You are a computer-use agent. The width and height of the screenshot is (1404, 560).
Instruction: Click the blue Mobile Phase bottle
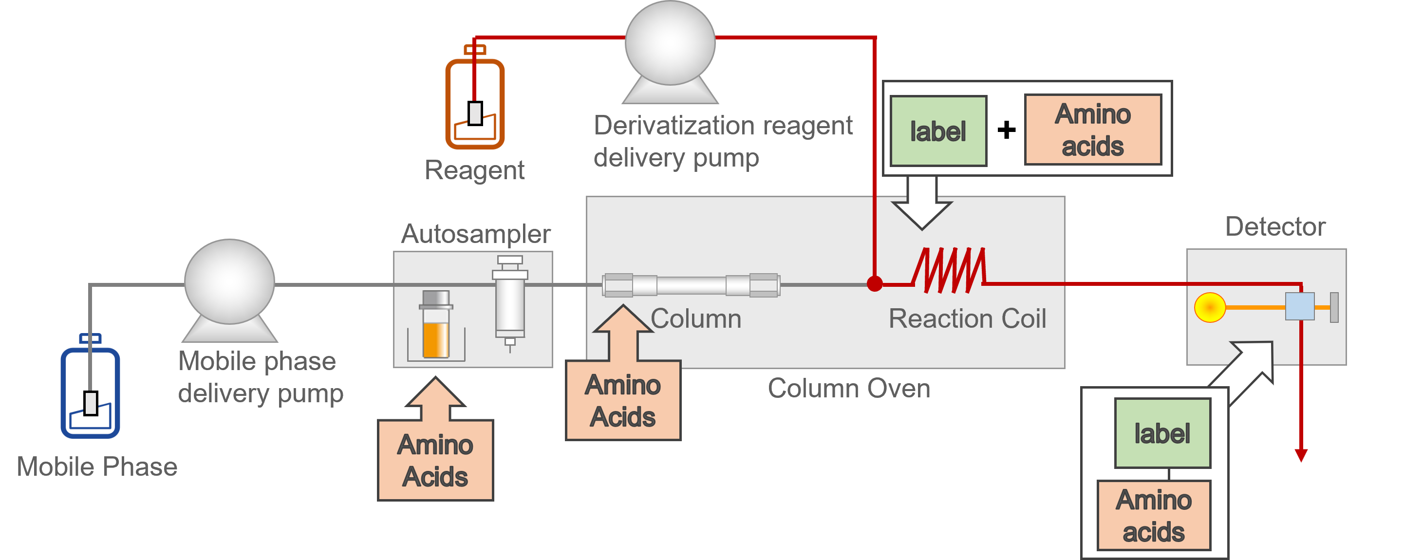click(x=90, y=392)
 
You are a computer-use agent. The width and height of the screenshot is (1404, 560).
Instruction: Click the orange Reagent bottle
click(x=475, y=104)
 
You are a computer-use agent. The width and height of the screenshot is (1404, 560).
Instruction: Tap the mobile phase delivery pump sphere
click(x=229, y=281)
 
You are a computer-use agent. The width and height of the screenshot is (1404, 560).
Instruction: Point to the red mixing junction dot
click(x=874, y=284)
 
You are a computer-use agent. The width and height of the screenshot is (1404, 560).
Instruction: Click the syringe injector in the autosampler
click(x=510, y=303)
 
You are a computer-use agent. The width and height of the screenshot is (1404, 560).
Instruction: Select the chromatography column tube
click(x=691, y=285)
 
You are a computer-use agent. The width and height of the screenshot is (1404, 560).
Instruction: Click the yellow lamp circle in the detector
click(x=1209, y=308)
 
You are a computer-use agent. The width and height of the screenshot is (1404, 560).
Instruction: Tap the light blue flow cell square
click(x=1299, y=307)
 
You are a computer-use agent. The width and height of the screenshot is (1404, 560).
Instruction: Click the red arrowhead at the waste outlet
click(x=1301, y=455)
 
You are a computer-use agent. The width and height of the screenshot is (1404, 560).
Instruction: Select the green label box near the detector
click(x=1162, y=433)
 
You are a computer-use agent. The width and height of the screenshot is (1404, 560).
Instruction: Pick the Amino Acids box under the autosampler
click(x=435, y=460)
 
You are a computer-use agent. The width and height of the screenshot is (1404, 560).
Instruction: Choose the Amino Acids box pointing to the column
click(x=623, y=400)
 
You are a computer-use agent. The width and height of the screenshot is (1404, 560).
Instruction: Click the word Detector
click(x=1275, y=226)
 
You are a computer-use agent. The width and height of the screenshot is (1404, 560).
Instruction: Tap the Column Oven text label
click(x=849, y=389)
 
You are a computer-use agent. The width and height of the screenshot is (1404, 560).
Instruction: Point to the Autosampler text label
click(x=476, y=234)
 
